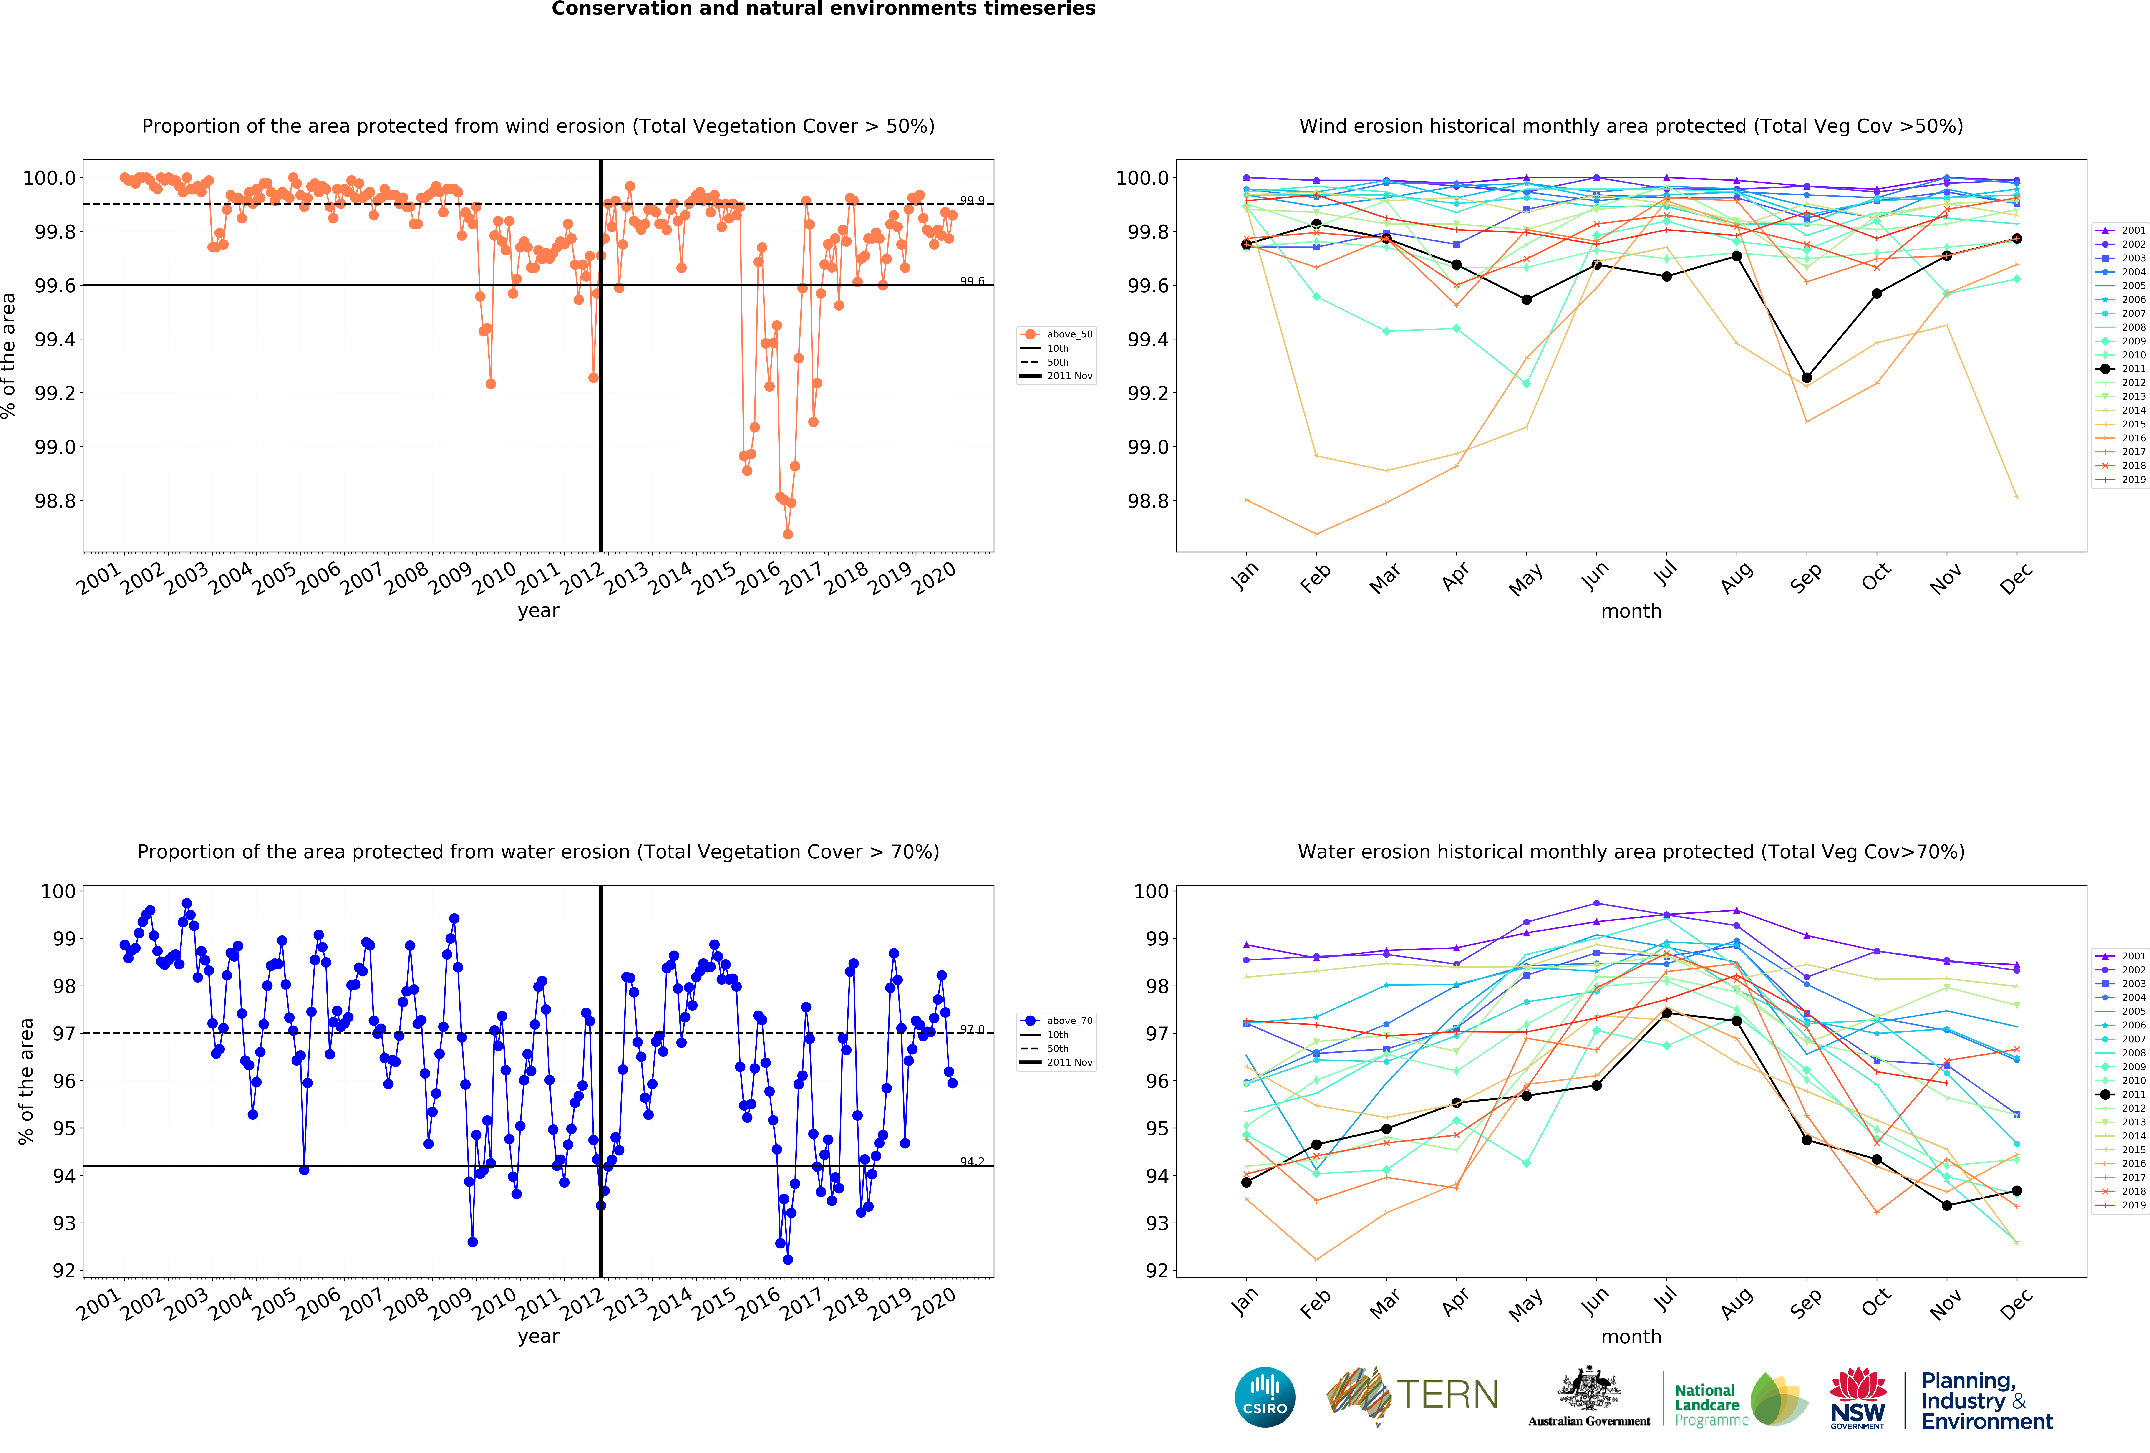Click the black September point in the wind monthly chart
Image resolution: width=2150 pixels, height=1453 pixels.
(1806, 378)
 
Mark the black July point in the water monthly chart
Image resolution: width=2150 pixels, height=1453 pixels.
(1666, 1013)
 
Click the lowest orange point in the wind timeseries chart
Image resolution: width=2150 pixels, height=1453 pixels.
(787, 534)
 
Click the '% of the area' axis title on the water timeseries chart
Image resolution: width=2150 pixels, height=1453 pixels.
(26, 1081)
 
